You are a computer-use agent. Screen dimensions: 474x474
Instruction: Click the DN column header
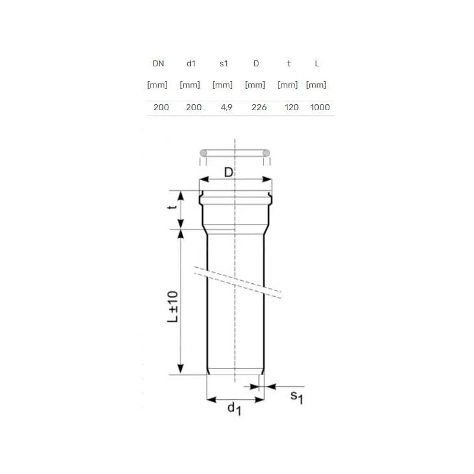click(x=158, y=63)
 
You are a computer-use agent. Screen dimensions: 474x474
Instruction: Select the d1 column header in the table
click(x=191, y=63)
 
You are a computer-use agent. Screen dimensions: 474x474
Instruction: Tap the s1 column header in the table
click(x=224, y=63)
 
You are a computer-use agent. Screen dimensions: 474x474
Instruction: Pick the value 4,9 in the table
click(x=226, y=107)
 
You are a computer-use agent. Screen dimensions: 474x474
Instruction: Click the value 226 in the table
click(x=259, y=107)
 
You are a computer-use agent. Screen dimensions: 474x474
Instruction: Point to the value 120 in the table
click(x=292, y=107)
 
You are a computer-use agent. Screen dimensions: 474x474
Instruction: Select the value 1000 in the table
click(x=320, y=107)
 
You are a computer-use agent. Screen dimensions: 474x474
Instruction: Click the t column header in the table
click(x=289, y=63)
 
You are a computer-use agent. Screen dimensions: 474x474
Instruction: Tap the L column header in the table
click(x=317, y=63)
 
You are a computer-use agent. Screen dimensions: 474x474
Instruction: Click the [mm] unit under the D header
click(x=255, y=85)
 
